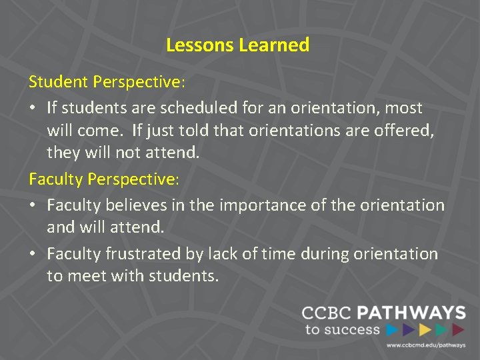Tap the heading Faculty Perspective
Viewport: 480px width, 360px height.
tap(103, 179)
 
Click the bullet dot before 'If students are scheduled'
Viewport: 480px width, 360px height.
tap(33, 107)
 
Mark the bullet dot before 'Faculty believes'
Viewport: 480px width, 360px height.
tap(33, 205)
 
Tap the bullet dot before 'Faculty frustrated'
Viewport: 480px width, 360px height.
tap(33, 254)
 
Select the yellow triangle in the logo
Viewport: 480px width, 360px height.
tap(425, 329)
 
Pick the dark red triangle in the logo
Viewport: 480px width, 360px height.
tap(458, 329)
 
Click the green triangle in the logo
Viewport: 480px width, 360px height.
tap(441, 329)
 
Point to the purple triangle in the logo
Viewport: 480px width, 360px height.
tap(409, 329)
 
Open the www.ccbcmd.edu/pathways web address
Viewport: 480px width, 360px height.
tap(425, 345)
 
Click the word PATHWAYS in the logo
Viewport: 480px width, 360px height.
tap(411, 313)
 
